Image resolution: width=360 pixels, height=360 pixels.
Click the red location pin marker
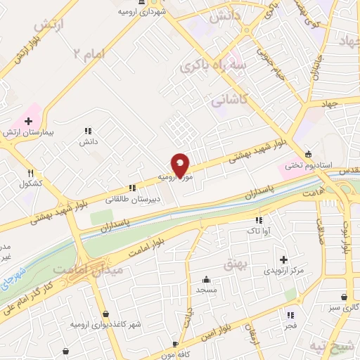[x=181, y=165]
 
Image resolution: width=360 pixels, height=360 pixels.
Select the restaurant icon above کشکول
[x=30, y=173]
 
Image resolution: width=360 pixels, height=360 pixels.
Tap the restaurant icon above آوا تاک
[x=254, y=219]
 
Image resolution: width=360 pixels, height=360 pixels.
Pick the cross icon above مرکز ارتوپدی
[x=284, y=259]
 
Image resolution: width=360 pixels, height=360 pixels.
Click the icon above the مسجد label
[x=205, y=279]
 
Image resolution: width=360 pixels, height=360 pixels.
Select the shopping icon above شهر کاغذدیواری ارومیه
[x=105, y=313]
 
